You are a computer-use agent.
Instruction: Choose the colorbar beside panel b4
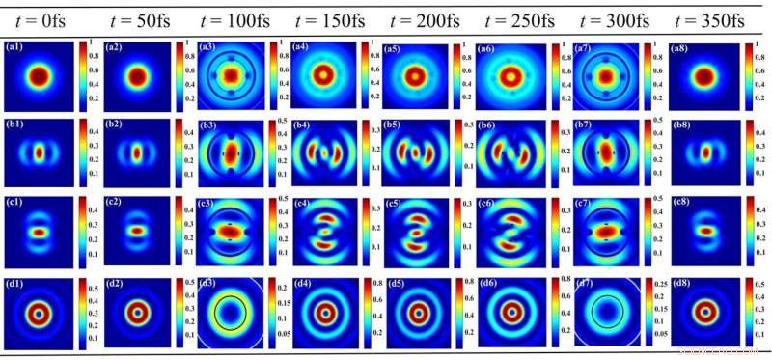coord(364,152)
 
